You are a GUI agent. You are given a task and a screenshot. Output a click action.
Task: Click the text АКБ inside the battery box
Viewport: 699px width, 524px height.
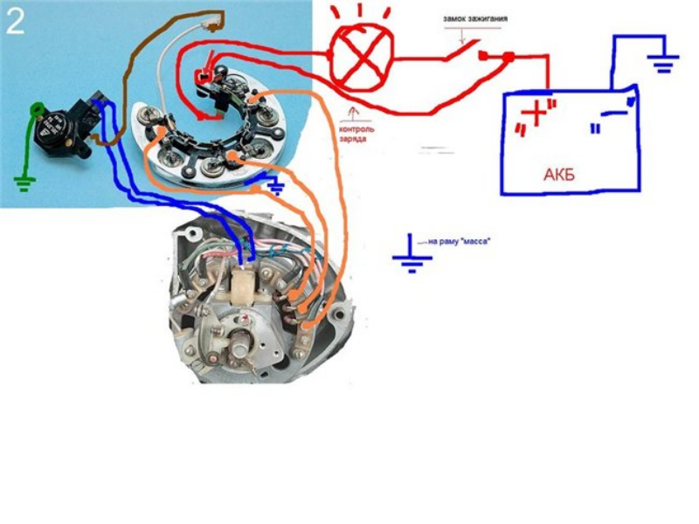coord(559,175)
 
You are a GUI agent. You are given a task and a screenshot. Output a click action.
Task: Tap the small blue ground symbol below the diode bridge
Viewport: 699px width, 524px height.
coord(275,184)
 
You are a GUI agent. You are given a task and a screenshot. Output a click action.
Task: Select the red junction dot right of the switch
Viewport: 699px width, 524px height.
coord(508,58)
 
